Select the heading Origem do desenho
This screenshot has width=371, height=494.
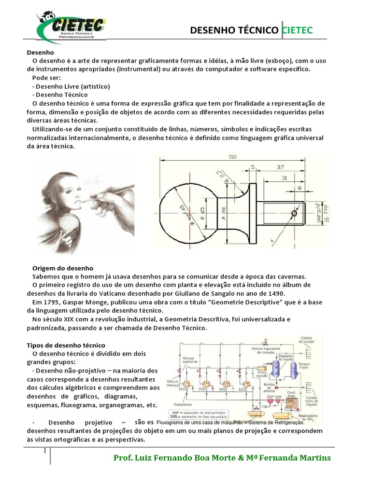pyautogui.click(x=62, y=268)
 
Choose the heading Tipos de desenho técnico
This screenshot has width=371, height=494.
pyautogui.click(x=69, y=345)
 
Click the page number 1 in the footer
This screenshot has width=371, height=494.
pyautogui.click(x=44, y=451)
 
